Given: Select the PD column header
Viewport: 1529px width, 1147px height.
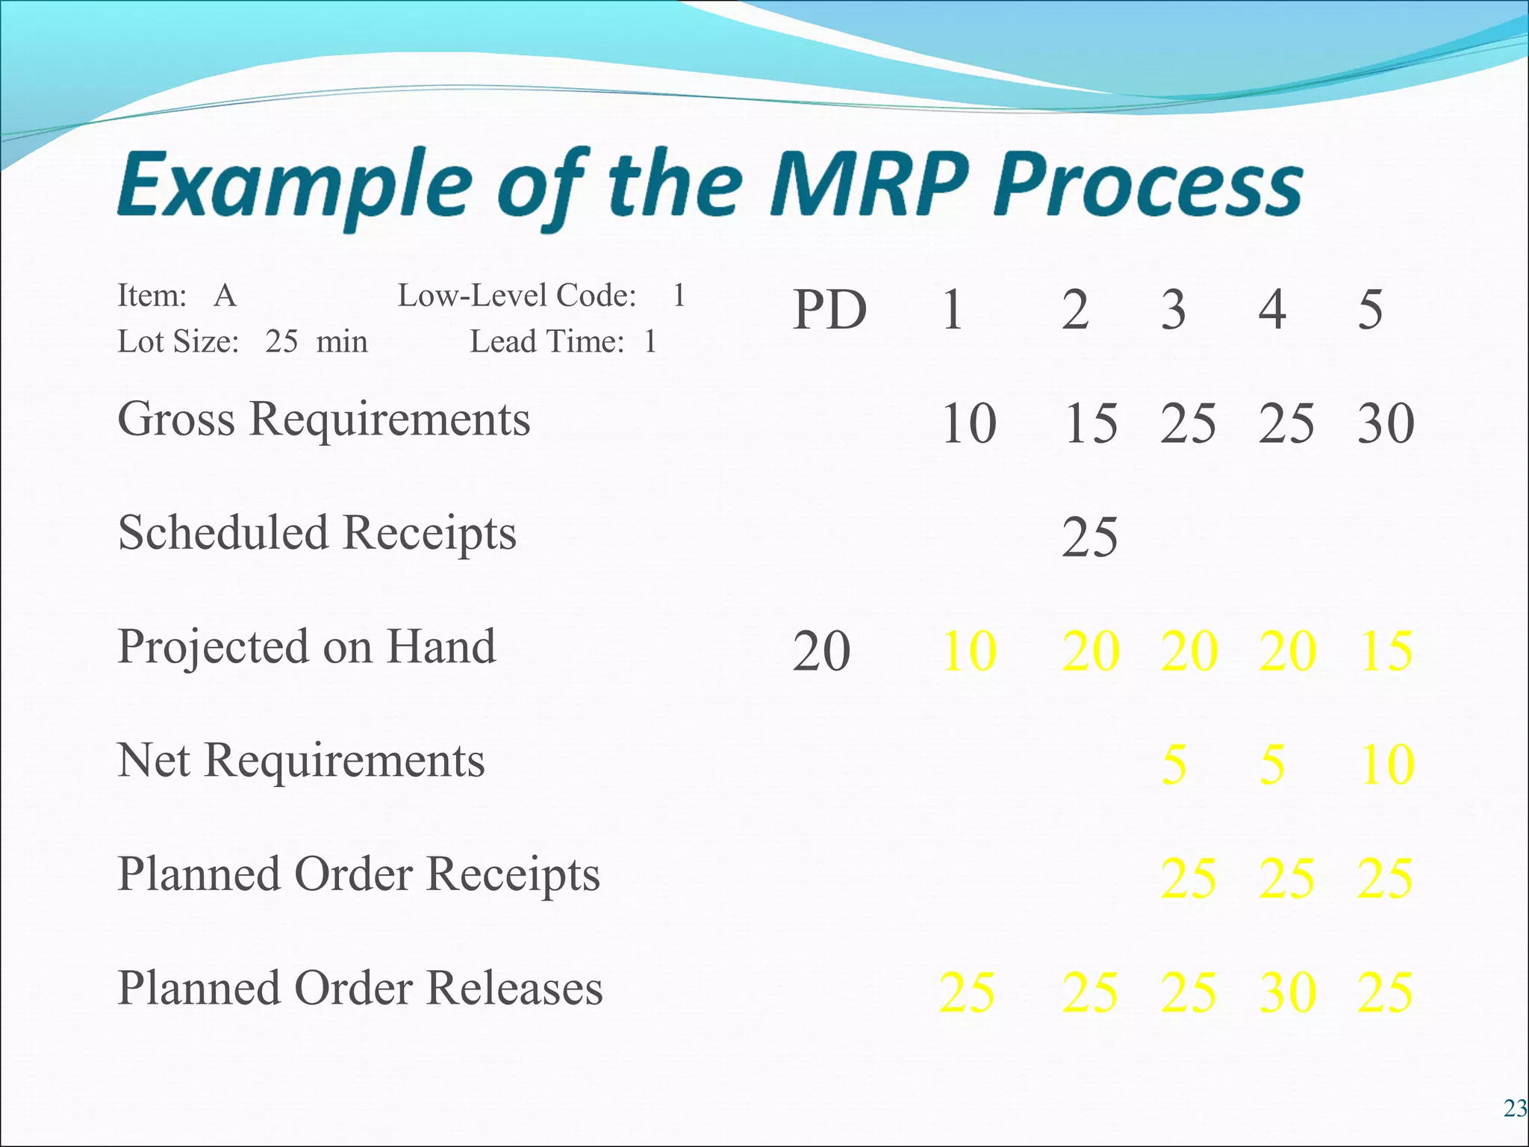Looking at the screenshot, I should click(829, 310).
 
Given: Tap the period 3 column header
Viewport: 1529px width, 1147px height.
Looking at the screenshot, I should click(1173, 310).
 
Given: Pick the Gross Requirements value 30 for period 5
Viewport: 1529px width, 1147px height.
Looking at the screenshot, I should click(1386, 423).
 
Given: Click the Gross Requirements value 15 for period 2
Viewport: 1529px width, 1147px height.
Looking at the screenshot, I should click(1090, 423).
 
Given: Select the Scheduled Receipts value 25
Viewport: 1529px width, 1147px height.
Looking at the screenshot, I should click(1090, 537).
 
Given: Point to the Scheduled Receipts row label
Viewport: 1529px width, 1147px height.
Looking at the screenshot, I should click(317, 532).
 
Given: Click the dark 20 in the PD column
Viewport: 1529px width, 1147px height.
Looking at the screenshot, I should click(821, 651).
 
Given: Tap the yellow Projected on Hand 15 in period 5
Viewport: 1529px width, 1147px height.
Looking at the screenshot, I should click(1386, 651).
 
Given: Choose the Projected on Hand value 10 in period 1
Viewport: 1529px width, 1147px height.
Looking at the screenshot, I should click(969, 651).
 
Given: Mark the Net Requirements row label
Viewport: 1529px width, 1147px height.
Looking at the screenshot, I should click(302, 760).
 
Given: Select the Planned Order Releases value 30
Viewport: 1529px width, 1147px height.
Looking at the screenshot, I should click(1287, 992).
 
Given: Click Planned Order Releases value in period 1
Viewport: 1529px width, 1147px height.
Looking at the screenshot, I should click(967, 992).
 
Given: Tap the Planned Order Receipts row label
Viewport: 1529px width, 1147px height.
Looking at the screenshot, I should click(358, 874).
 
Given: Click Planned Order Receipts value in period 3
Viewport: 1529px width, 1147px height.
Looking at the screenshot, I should click(1188, 878).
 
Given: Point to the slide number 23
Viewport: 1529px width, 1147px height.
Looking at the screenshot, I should click(1514, 1109).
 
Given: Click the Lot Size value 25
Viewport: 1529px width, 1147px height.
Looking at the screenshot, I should click(281, 342).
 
